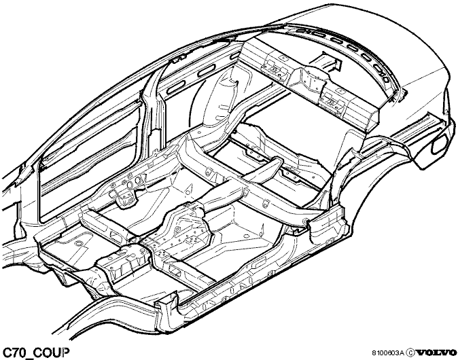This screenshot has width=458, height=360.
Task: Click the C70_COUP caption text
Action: pyautogui.click(x=36, y=353)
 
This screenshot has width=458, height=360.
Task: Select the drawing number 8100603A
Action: pyautogui.click(x=387, y=353)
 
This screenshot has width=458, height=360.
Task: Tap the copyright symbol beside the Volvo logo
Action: pyautogui.click(x=410, y=353)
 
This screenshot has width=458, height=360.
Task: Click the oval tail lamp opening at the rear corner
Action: pyautogui.click(x=437, y=145)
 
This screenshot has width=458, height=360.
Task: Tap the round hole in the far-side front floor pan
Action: pyautogui.click(x=78, y=243)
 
